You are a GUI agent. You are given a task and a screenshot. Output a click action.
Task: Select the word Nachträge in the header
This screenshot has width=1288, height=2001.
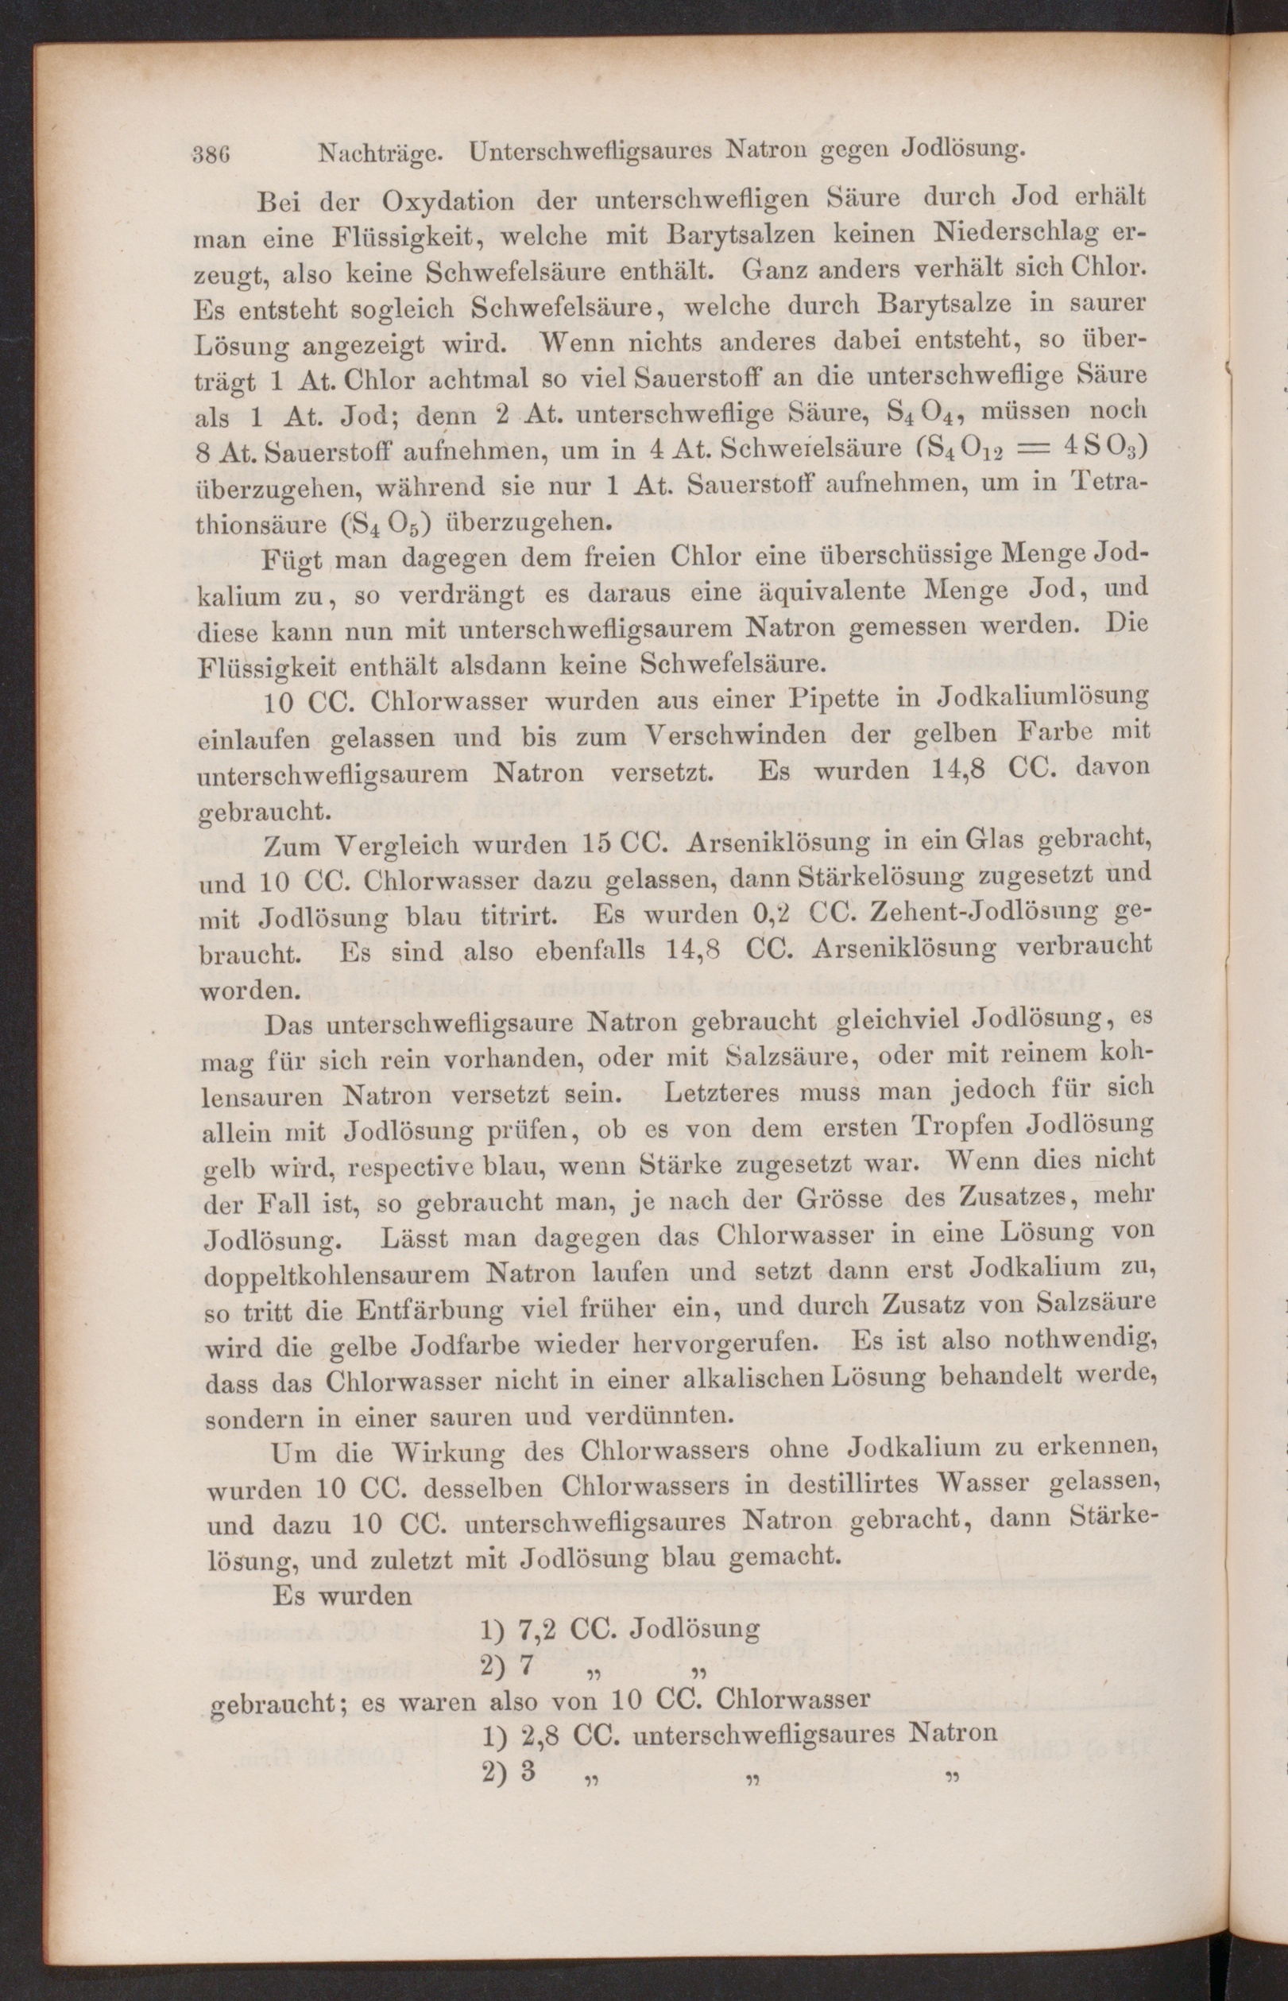click(381, 153)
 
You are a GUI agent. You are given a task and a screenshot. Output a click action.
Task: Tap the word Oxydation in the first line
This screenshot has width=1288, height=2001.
click(448, 204)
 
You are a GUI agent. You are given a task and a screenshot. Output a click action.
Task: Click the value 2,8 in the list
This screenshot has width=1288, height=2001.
click(539, 1733)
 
